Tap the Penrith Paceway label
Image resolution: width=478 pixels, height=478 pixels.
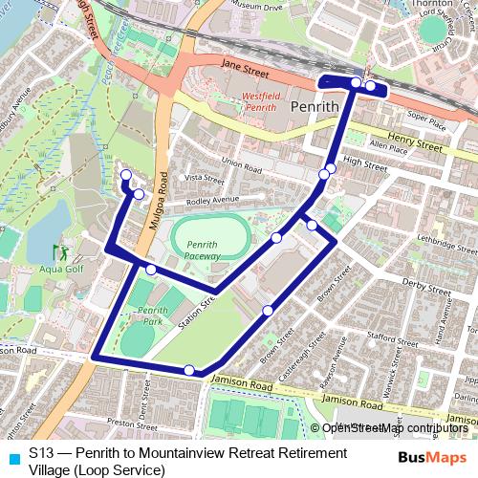click(202, 250)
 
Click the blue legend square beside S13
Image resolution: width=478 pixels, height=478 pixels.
click(13, 457)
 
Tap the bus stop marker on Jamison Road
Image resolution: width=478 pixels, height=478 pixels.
click(190, 370)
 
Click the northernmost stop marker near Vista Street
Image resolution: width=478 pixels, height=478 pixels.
click(125, 174)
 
